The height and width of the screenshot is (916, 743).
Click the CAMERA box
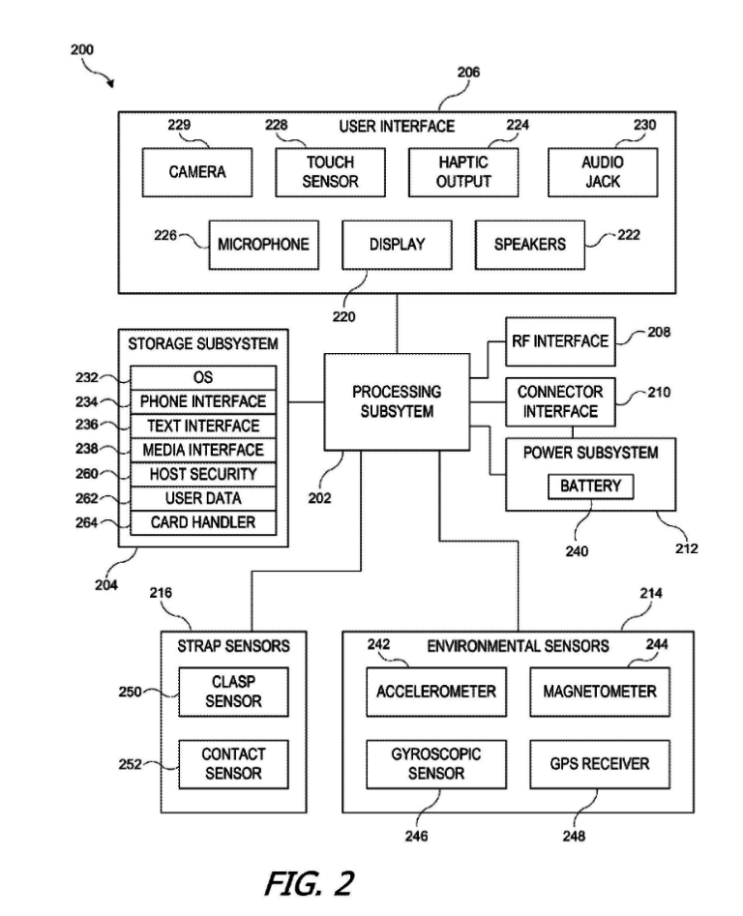point(197,172)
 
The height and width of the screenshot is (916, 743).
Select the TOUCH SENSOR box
point(330,172)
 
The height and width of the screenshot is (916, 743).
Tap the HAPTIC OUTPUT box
point(463,172)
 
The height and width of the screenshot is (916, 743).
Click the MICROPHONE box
point(263,244)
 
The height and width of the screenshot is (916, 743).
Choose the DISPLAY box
point(397,244)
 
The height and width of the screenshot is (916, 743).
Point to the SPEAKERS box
point(529,244)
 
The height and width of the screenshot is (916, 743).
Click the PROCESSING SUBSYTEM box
point(397,402)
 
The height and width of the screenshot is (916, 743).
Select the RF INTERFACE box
point(560,341)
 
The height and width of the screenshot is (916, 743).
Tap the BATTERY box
point(590,487)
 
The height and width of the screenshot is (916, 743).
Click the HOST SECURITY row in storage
point(203,474)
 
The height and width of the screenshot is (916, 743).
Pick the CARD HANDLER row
point(203,522)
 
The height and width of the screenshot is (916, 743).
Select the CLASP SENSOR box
point(233,692)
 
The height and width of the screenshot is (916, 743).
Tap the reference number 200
point(82,48)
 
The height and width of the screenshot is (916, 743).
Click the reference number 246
point(417,837)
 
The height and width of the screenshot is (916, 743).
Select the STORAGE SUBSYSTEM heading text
point(203,343)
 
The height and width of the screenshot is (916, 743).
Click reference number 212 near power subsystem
point(686,548)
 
